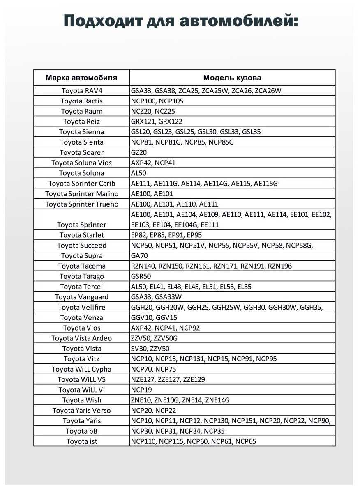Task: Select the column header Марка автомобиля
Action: click(81, 78)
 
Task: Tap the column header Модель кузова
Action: click(232, 78)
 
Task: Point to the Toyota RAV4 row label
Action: click(82, 91)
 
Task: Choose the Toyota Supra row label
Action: click(82, 256)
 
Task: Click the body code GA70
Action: click(139, 256)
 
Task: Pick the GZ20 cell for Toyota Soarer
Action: click(139, 153)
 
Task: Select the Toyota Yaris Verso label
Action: click(81, 411)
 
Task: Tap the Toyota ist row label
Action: click(82, 441)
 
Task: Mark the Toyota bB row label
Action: click(82, 431)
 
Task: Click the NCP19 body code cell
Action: click(141, 390)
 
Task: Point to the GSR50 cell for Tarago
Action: click(141, 276)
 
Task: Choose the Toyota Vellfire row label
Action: click(82, 308)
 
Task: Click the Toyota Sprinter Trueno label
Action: click(82, 204)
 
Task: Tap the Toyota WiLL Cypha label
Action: click(81, 369)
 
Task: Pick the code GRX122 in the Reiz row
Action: click(170, 122)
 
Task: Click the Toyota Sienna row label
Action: click(82, 132)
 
